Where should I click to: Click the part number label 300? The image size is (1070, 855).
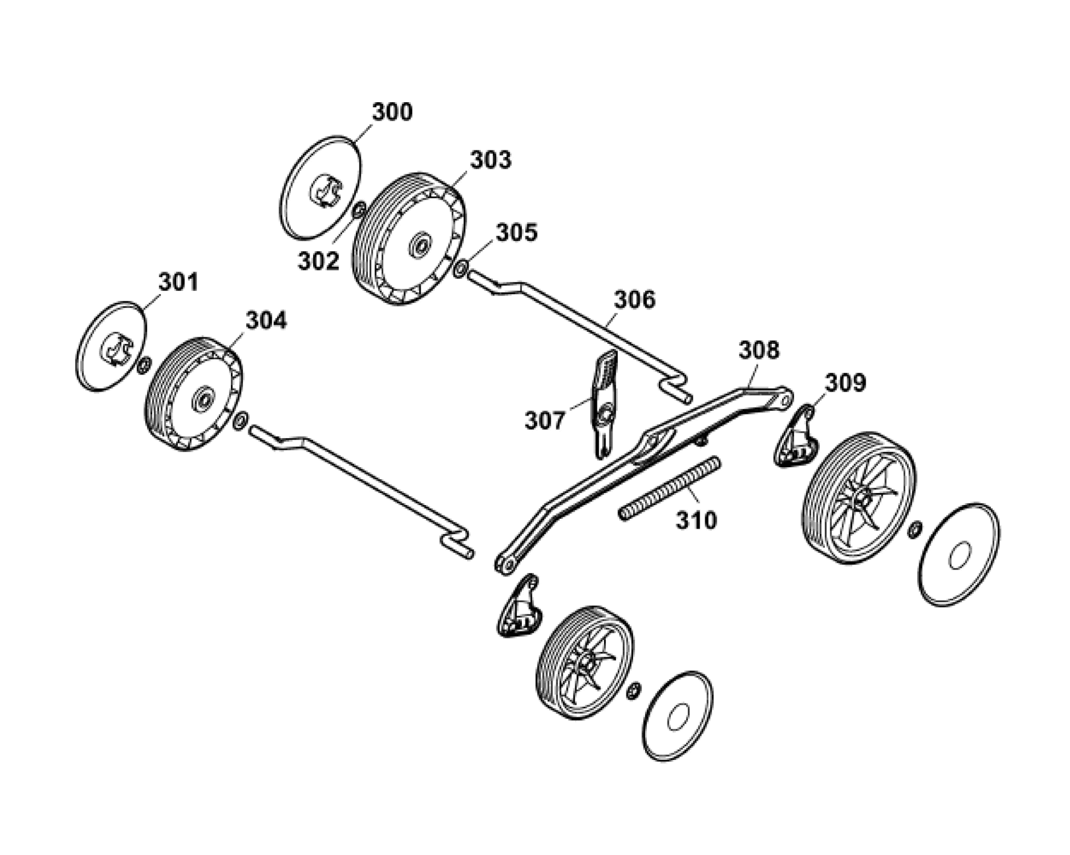392,112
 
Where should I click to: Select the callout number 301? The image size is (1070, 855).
178,281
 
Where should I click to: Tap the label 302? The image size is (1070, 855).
319,261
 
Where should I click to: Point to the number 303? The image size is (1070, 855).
491,160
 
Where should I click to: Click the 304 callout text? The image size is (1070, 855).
266,320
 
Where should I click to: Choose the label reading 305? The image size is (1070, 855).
516,232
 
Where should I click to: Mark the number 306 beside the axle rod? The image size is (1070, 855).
635,299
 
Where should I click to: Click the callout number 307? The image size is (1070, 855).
545,420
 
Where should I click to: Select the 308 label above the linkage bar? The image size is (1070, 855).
759,350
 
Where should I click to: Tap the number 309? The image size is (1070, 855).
845,382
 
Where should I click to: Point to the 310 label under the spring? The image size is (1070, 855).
696,520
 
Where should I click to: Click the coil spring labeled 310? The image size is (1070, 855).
669,488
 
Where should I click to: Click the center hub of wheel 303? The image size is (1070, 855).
420,244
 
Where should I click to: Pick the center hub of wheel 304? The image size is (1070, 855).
203,399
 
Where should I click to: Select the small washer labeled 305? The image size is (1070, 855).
461,268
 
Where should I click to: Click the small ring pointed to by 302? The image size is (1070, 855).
359,211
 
